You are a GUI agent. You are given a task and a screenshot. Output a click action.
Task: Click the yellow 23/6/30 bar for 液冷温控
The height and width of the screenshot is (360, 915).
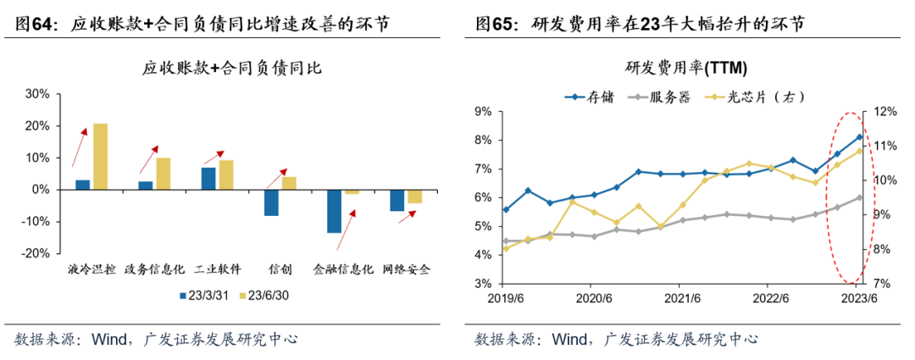(100, 157)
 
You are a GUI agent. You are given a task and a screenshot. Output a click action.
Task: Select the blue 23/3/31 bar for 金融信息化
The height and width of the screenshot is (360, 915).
(334, 211)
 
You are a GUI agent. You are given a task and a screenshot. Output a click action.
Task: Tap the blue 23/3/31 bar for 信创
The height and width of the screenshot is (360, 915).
(271, 202)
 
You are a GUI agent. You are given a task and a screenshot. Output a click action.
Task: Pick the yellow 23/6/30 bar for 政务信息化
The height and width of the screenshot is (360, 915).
(164, 174)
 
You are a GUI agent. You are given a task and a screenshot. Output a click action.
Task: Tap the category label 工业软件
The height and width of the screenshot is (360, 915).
(218, 269)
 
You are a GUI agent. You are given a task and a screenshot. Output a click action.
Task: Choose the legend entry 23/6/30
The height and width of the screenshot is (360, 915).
(266, 296)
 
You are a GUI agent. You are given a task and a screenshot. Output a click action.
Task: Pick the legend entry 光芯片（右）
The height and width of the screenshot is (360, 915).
(758, 97)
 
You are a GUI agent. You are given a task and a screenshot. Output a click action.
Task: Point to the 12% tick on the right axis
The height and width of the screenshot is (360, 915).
(884, 111)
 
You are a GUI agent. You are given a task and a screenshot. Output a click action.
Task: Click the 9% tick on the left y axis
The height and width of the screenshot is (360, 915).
(483, 111)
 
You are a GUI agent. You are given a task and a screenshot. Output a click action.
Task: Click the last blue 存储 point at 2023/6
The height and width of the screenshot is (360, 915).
(860, 137)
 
